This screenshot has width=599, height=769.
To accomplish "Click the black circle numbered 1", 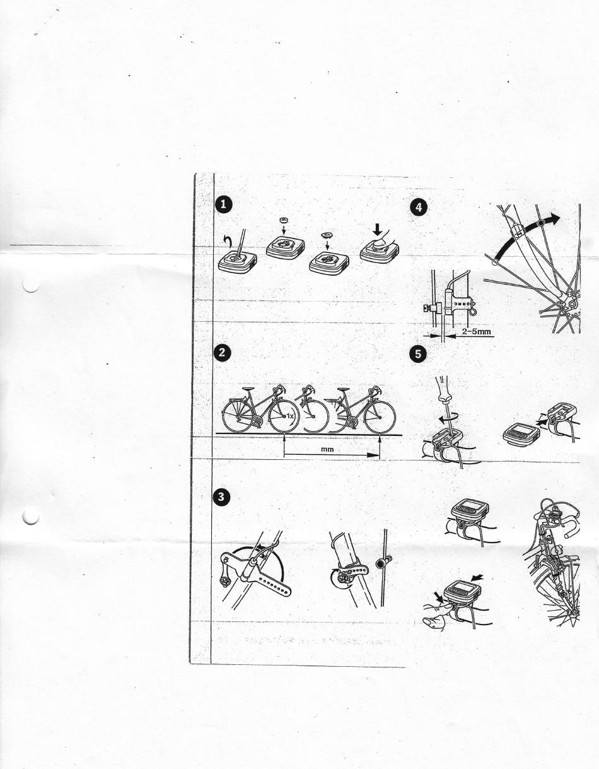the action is click(223, 204).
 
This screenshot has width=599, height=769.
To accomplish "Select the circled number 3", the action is click(221, 497).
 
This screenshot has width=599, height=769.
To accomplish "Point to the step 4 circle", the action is click(418, 207).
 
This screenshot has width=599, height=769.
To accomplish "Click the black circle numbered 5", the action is click(418, 354).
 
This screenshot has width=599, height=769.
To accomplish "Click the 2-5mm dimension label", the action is click(475, 332).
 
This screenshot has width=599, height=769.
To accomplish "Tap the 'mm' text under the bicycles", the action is click(327, 449).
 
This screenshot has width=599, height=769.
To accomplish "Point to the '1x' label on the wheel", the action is click(290, 416).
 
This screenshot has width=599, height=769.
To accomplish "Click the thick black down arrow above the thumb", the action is click(378, 231).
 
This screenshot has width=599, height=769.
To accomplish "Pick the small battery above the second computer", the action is click(282, 220).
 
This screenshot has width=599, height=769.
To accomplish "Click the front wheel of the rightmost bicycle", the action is click(380, 418).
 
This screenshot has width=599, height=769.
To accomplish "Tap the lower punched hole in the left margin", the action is click(31, 515).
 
